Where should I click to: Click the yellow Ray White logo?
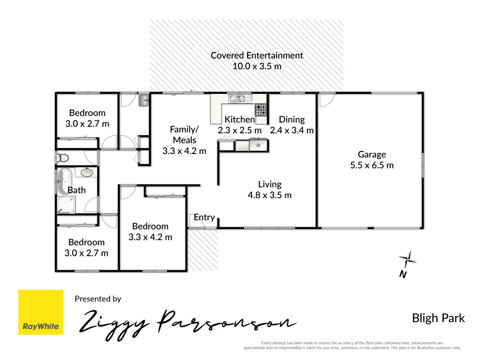coord(41,312)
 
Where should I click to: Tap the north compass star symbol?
coord(407,259)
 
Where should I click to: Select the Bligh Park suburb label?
coord(438,318)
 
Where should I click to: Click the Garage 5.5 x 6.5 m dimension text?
coord(372,165)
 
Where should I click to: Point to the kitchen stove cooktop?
coord(261,109)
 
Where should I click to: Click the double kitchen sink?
coord(237,99)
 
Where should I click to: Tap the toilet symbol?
coord(62,158)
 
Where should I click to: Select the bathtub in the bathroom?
coord(64,181)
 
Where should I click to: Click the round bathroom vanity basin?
coord(87,172)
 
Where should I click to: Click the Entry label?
coord(204,217)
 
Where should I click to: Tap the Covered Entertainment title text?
coord(257,55)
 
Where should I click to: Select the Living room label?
coord(270,184)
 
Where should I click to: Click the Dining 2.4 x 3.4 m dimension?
coord(292,130)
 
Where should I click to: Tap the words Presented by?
coord(98,299)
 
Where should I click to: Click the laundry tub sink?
coord(144,100)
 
